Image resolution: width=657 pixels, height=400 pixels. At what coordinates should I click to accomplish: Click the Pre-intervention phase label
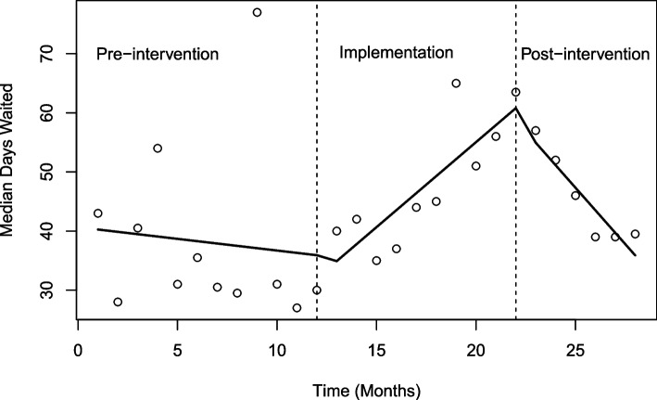pos(158,55)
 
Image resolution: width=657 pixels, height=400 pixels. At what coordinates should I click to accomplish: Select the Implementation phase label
pos(396,53)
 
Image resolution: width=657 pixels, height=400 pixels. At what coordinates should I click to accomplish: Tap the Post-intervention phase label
pos(584,55)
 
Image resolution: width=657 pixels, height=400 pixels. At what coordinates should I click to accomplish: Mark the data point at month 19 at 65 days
pos(456,84)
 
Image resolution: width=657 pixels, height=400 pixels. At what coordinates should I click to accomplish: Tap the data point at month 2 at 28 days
pos(118,302)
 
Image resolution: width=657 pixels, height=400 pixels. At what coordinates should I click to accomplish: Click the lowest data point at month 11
pos(297,307)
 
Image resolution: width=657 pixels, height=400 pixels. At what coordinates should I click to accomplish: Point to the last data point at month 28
pos(635,234)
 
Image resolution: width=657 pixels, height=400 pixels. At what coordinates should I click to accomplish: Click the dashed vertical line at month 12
pos(317,186)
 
